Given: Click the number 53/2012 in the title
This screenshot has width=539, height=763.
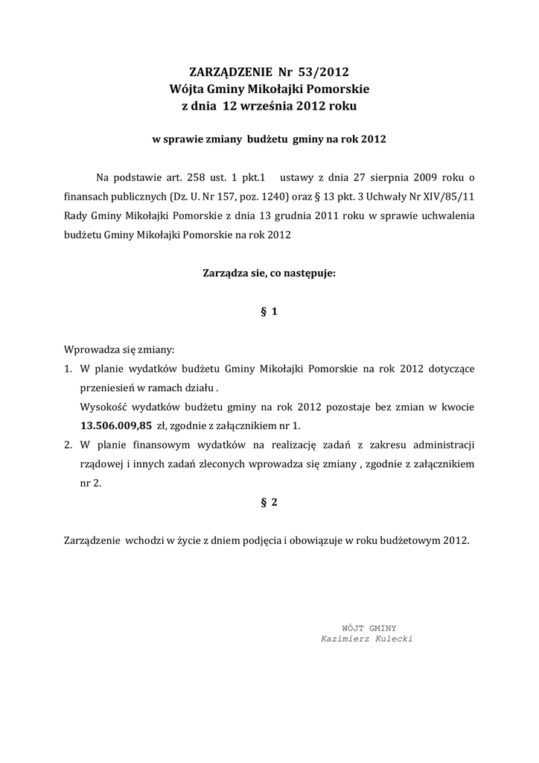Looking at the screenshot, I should pyautogui.click(x=323, y=72).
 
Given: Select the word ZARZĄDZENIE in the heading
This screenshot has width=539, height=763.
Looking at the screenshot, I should pyautogui.click(x=230, y=72).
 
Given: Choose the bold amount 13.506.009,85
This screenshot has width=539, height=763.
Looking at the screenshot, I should pyautogui.click(x=116, y=426).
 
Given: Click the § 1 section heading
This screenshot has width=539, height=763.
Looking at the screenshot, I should pyautogui.click(x=269, y=312).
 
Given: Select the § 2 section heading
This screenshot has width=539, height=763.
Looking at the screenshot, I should pyautogui.click(x=269, y=502).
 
